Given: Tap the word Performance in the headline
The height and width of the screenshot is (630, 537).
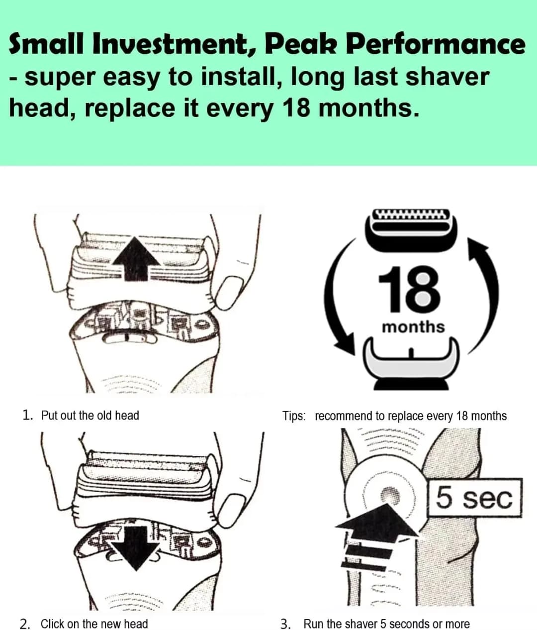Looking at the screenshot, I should click(x=435, y=45).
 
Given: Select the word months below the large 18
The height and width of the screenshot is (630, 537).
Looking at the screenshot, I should click(x=413, y=327).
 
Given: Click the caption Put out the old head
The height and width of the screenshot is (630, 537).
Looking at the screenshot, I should click(x=89, y=415).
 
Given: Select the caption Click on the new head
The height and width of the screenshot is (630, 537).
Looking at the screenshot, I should click(x=94, y=624).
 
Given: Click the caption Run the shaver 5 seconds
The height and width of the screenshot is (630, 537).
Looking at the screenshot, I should click(x=386, y=624).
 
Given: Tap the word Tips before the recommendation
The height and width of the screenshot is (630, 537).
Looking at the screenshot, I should click(x=294, y=416).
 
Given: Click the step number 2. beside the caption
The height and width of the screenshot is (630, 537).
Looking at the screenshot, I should click(x=25, y=624).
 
